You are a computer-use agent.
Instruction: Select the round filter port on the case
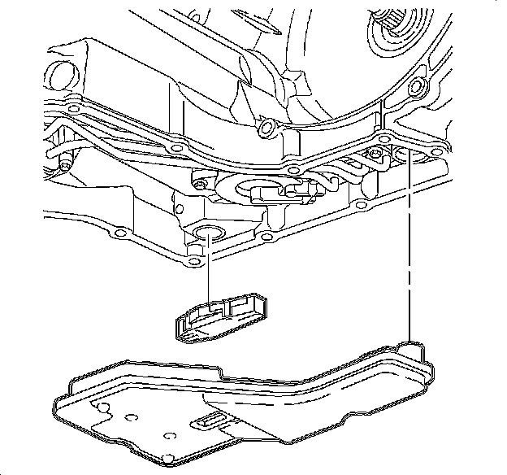[205, 237]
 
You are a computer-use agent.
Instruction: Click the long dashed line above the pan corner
[411, 244]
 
